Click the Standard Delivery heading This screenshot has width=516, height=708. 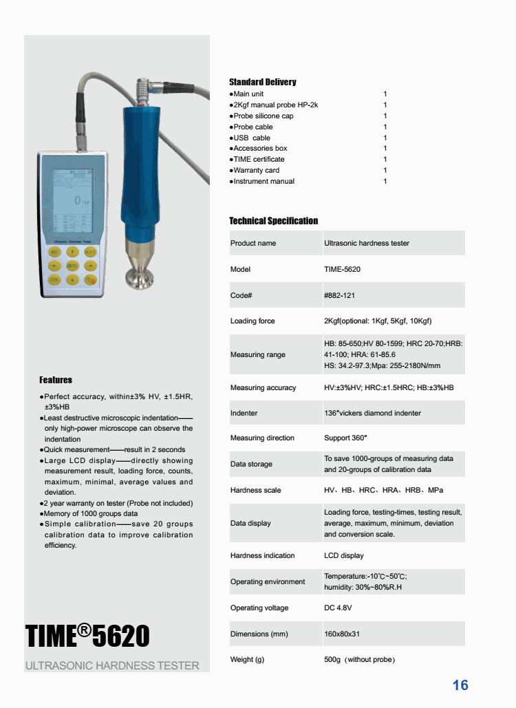coord(262,83)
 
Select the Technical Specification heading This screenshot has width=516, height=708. coord(273,221)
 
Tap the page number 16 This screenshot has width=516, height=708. coord(460,685)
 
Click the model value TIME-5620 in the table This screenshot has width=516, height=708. coord(342,269)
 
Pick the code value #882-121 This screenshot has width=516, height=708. coord(339,295)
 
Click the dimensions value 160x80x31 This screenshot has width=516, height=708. coord(342,634)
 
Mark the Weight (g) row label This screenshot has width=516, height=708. coord(247,660)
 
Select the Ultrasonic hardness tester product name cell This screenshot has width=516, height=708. coord(366,243)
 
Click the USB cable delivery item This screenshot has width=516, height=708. coord(252,138)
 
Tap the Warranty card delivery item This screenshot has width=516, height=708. coord(256,171)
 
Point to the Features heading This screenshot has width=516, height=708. coord(56,380)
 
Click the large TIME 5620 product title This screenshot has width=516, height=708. coord(87,636)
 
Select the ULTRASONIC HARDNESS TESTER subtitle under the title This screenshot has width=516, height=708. coord(112,666)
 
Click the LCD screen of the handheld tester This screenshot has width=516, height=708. coord(72,200)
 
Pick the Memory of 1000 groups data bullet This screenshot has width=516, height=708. coord(91,513)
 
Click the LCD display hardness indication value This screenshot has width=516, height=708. coord(343,555)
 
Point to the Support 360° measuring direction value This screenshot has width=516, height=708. coord(345,438)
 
